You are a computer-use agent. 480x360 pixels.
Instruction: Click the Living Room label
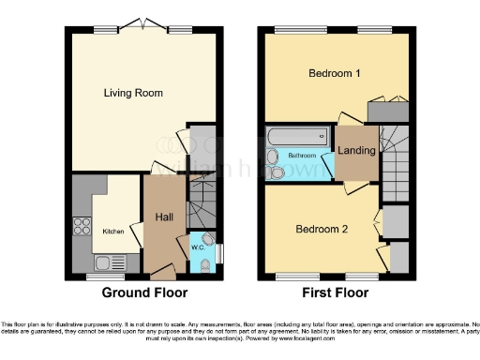133,93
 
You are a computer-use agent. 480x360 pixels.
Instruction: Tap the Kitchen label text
112,231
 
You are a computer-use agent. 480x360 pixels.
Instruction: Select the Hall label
163,218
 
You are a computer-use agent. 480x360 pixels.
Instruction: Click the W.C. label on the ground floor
199,248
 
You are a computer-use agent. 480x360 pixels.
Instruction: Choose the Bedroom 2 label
322,229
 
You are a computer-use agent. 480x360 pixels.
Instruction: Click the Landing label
356,150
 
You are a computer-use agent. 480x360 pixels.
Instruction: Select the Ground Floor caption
144,292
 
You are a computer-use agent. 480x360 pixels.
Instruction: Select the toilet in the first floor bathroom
279,171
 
